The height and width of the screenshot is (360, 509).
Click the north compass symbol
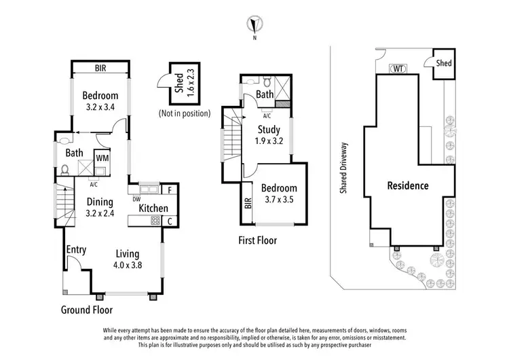point(254,25)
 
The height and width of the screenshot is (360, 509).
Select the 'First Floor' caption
point(257,240)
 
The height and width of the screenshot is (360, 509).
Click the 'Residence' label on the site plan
point(407,185)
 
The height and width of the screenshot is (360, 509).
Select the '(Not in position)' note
point(184,113)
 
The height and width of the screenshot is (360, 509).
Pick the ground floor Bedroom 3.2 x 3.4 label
point(100,101)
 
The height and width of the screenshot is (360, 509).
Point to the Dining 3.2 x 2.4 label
point(100,207)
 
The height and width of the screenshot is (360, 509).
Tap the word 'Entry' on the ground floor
point(76,251)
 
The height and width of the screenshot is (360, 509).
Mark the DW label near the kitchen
point(136,199)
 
